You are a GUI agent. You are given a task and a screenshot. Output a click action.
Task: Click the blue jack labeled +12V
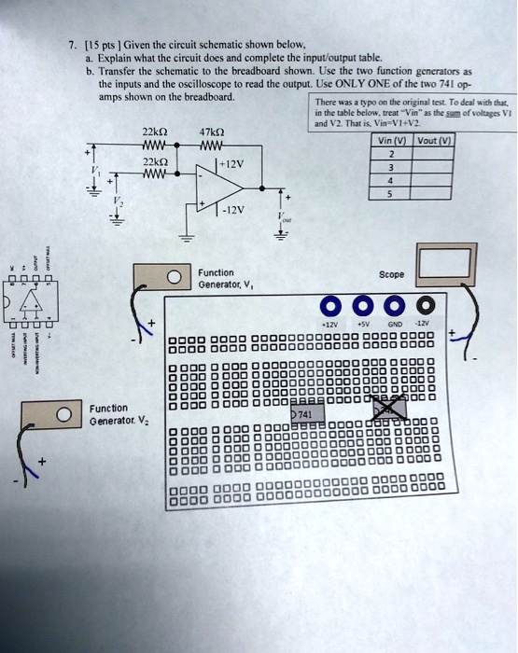329,307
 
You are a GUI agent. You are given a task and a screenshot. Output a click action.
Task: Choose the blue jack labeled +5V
362,307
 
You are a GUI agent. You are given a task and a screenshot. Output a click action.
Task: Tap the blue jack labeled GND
394,307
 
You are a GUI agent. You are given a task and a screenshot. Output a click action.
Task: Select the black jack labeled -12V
426,307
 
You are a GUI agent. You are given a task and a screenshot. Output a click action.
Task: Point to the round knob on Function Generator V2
64,414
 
